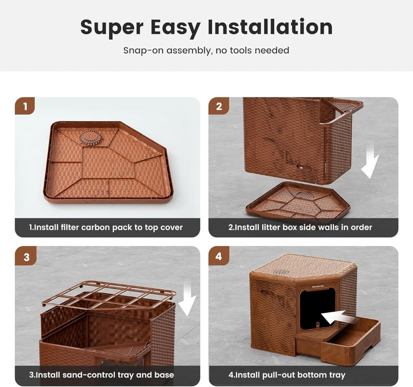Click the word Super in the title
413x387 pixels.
click(112, 27)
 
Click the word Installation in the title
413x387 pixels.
click(270, 27)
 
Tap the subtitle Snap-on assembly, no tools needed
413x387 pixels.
click(206, 50)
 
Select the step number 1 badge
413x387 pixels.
click(25, 106)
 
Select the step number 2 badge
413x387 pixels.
click(219, 106)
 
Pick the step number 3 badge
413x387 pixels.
click(26, 257)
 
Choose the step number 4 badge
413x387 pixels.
click(219, 256)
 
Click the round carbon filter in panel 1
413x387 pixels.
click(91, 137)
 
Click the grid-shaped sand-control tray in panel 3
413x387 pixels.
click(109, 295)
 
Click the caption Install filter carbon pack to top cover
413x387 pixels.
click(106, 227)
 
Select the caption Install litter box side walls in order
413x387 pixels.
click(300, 227)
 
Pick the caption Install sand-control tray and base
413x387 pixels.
click(101, 375)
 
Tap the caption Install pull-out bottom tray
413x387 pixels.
click(287, 375)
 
